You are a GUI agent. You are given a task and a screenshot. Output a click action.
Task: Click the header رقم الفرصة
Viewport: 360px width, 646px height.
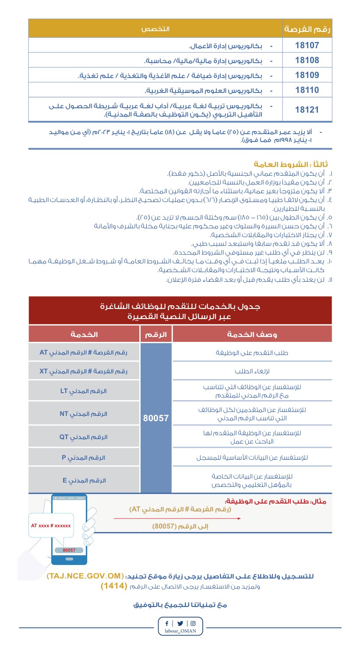coord(307,29)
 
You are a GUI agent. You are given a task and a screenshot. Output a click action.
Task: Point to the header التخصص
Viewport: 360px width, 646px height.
coord(155,29)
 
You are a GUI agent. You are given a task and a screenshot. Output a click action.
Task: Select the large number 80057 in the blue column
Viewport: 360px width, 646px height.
coord(156,418)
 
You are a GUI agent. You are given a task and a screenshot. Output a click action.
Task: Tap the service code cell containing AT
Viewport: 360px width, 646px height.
coord(84,352)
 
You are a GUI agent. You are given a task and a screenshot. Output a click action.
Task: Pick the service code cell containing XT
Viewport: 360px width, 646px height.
coord(84,371)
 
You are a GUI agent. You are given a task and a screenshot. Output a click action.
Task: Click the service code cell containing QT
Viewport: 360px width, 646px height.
coord(84,437)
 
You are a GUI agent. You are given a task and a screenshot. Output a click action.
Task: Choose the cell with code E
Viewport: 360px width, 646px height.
coord(84,480)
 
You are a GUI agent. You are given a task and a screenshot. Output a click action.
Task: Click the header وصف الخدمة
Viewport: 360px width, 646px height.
coord(252,334)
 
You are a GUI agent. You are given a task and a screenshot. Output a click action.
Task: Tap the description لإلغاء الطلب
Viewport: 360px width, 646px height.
coord(252,371)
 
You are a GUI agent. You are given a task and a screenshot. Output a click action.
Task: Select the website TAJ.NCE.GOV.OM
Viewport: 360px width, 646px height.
coord(84,575)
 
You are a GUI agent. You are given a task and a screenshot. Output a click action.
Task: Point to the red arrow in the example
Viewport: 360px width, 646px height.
coord(177,518)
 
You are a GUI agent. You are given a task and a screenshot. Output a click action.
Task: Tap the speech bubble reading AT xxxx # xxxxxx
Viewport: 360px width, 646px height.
coord(51,525)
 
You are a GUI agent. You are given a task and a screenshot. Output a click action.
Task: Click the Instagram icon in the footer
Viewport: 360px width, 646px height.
coord(193,623)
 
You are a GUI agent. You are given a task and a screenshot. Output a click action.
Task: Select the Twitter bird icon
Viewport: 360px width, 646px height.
coord(180,623)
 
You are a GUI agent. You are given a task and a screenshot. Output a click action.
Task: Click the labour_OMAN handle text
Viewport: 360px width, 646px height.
coord(180,632)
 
